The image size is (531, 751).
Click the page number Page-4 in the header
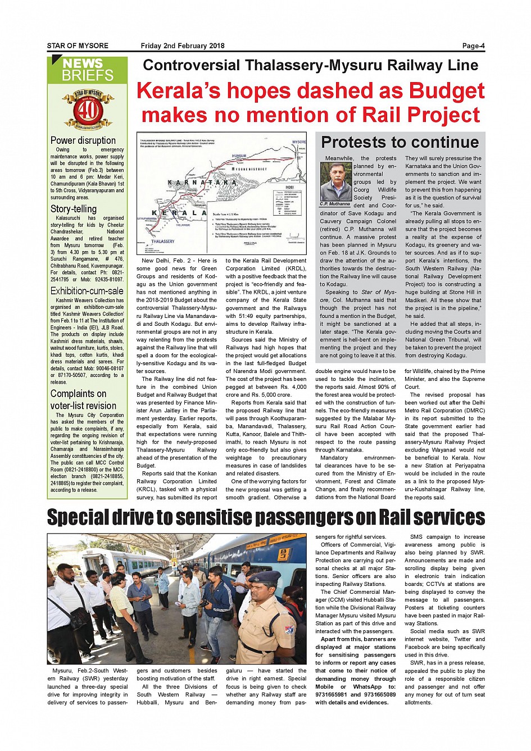click(x=473, y=46)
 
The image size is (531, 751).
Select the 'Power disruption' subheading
click(x=83, y=140)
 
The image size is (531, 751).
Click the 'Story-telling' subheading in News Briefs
click(x=74, y=209)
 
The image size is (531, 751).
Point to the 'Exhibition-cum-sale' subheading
click(x=87, y=291)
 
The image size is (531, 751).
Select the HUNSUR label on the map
click(x=239, y=156)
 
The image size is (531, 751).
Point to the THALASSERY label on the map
click(x=162, y=242)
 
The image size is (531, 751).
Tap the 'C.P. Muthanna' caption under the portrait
click(x=335, y=204)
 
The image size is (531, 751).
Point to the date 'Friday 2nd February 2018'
click(x=183, y=46)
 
